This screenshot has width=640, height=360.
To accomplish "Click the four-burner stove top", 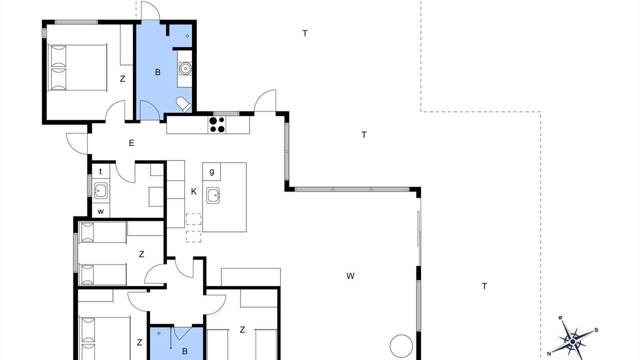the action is (x=217, y=125).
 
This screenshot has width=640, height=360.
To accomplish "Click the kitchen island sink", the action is (x=213, y=195).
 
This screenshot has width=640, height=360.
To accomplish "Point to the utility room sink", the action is (x=101, y=190).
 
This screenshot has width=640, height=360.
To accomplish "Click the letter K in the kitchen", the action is (x=193, y=191).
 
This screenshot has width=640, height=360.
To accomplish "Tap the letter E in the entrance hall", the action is (x=131, y=143).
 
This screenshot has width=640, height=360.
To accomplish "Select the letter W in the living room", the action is (x=350, y=276).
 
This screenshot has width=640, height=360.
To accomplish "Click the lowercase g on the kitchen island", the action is (x=211, y=171).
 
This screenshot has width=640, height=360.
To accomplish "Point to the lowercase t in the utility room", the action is (x=100, y=171).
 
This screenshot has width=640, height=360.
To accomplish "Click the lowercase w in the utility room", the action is (x=100, y=211).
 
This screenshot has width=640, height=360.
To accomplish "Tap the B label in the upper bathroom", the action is (x=157, y=72).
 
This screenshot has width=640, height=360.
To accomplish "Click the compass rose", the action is (x=572, y=341).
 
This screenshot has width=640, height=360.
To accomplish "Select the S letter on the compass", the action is (x=596, y=330).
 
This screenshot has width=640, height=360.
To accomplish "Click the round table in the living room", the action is (x=401, y=346).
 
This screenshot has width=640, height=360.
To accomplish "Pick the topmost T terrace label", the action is (x=305, y=33).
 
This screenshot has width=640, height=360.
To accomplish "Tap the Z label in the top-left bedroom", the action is (x=122, y=79).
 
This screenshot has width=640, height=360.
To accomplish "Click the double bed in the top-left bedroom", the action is (x=77, y=67).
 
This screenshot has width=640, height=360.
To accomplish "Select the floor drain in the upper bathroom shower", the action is (x=187, y=36).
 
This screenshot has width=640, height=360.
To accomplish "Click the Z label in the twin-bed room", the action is (x=141, y=254).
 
